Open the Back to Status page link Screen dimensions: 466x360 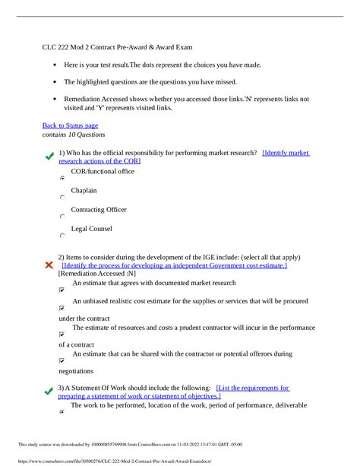[x=70, y=125]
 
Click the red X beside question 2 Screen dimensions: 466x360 [x=49, y=265]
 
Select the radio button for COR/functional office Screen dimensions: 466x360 [x=62, y=177]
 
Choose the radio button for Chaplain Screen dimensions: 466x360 [x=62, y=197]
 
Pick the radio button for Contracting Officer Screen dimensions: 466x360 [x=62, y=217]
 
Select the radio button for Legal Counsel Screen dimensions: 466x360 [x=62, y=236]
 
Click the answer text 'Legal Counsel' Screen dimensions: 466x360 [x=91, y=228]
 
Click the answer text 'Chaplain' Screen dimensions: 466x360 [x=84, y=189]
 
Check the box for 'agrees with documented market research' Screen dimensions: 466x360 [x=62, y=290]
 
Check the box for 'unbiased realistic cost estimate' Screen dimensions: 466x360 [x=62, y=309]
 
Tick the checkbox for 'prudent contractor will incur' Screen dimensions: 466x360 [x=62, y=334]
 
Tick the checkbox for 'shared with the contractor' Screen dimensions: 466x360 [x=62, y=360]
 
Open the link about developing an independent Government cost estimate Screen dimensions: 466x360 [x=175, y=265]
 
